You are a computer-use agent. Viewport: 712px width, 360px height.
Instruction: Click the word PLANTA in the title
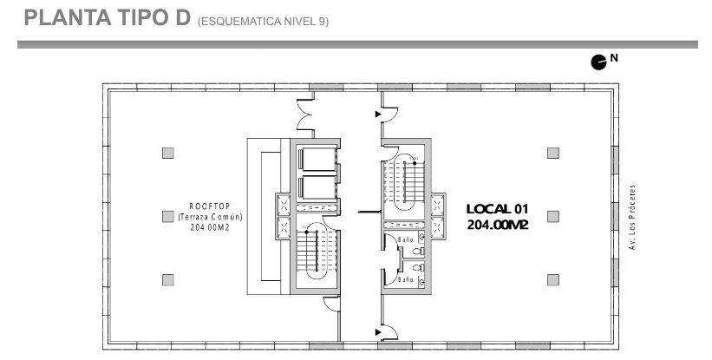(68, 17)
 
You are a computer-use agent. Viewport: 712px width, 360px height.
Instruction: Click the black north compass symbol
(598, 62)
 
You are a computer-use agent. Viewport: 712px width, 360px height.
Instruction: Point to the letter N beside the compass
(614, 58)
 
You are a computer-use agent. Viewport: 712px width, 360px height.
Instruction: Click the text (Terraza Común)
(210, 217)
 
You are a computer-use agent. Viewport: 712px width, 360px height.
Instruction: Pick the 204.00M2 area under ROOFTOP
(210, 228)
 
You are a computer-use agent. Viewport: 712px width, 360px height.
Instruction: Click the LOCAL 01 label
(498, 209)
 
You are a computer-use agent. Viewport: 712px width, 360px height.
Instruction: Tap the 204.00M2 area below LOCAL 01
(498, 225)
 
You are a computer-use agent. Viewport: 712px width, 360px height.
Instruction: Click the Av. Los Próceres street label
(631, 217)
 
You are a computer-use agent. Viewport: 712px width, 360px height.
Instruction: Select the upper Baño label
(406, 239)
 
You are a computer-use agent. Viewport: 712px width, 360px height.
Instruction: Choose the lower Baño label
(406, 279)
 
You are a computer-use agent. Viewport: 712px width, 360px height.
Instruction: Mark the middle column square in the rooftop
(168, 217)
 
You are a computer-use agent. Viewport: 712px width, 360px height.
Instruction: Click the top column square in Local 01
(552, 153)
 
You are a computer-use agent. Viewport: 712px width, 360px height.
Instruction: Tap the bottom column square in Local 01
(552, 280)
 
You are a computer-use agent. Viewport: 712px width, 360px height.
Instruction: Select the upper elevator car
(318, 160)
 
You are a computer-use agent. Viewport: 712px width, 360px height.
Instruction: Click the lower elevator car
(318, 187)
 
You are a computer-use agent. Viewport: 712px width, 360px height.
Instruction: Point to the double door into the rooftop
(304, 115)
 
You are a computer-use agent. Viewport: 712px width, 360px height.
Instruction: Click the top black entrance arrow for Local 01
(378, 115)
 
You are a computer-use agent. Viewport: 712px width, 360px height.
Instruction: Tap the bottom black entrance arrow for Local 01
(378, 332)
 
